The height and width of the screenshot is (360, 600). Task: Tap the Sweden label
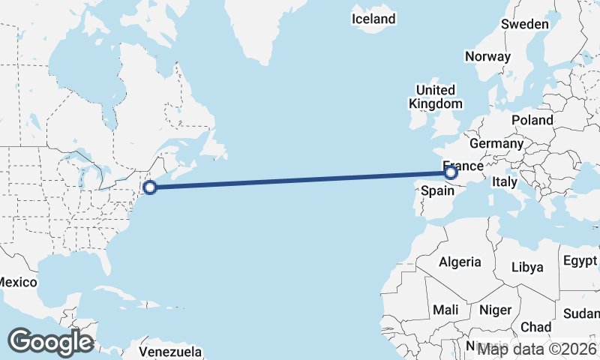525,24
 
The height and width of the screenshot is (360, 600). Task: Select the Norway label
487,56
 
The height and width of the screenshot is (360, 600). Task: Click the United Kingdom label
435,97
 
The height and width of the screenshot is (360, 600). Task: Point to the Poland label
532,120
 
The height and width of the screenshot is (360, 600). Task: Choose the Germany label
496,143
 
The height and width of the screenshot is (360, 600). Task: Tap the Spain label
438,190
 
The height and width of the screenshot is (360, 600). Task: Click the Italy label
505,181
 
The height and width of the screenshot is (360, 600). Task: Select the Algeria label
459,262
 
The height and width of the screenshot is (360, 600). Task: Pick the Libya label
526,267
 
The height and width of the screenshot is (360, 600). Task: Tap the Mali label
445,310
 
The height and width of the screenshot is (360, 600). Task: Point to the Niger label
495,310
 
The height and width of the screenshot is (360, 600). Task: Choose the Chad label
535,327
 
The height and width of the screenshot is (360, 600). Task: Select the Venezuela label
170,351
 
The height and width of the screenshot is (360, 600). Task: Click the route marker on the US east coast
150,187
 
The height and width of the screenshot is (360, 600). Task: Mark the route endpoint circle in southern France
451,173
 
